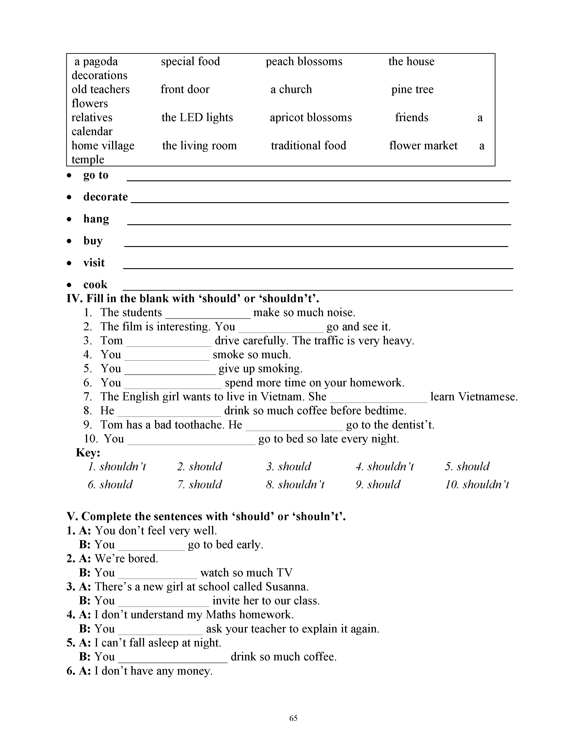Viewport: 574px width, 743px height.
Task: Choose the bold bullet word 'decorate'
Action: (105, 197)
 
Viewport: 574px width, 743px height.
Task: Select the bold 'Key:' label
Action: (88, 453)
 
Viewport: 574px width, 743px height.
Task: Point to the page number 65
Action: (293, 718)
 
